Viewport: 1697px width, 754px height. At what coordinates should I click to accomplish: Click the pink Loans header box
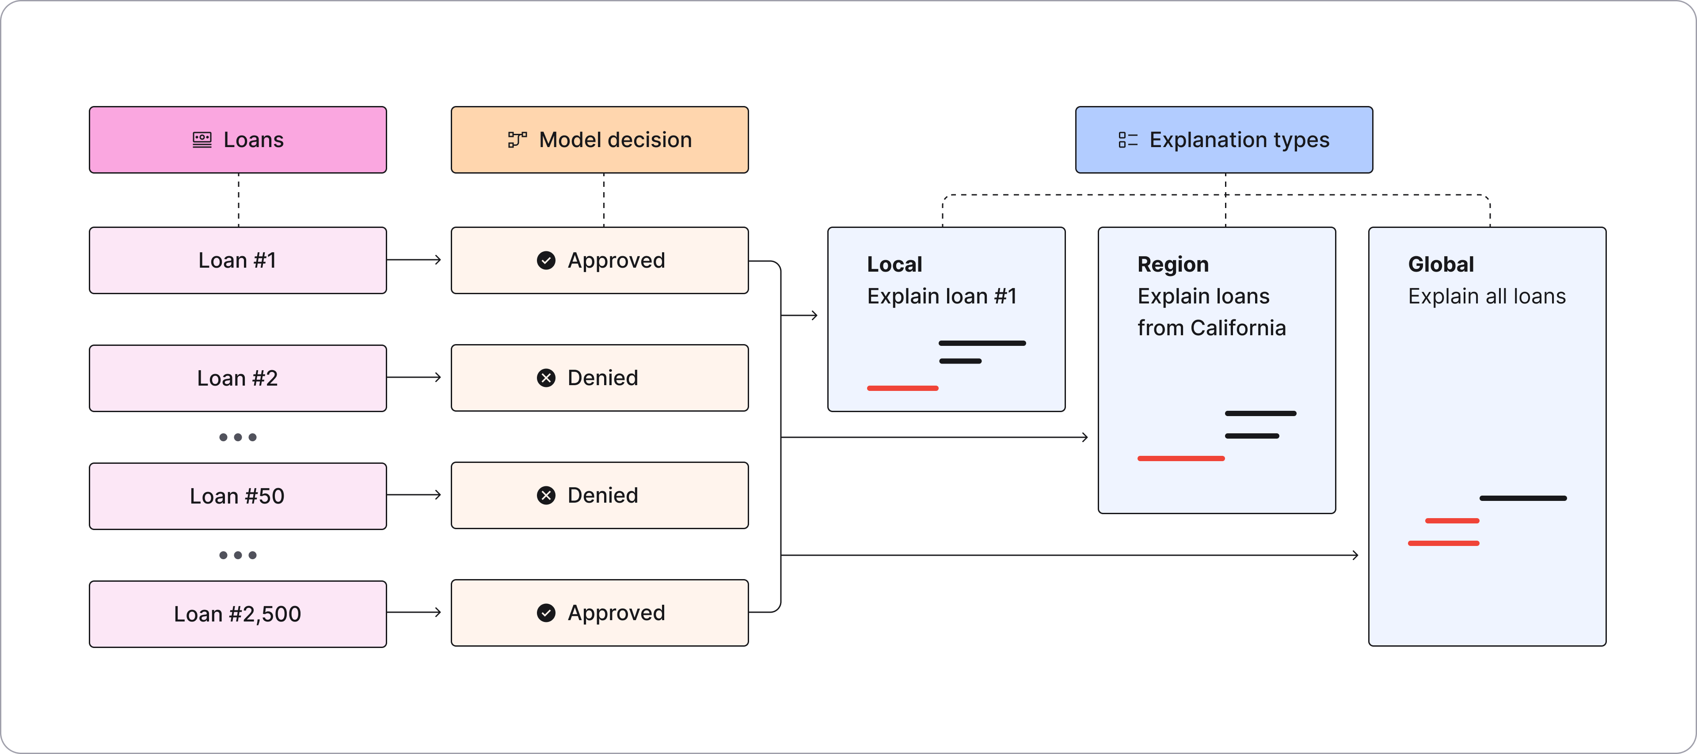(238, 140)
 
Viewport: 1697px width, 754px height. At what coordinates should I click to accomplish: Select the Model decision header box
(600, 140)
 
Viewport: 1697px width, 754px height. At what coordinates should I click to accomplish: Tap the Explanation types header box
(1224, 140)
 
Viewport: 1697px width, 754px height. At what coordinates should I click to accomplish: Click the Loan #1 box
(238, 260)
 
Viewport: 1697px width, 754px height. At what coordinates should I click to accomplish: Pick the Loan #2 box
(238, 378)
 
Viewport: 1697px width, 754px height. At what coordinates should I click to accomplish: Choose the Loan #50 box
(238, 496)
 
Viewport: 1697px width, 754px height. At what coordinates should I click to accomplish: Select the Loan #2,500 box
(238, 614)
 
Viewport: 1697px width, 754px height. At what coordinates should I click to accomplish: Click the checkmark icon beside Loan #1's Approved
(546, 261)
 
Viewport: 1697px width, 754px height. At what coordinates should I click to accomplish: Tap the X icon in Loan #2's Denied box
(546, 378)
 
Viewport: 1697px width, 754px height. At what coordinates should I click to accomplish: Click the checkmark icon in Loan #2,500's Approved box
(546, 613)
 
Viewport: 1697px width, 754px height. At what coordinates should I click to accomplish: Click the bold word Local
(894, 264)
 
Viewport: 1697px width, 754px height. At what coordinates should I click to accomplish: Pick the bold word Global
(1441, 264)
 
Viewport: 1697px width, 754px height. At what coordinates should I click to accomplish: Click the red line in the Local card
(902, 389)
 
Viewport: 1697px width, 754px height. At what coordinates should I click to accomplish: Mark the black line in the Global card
(1523, 499)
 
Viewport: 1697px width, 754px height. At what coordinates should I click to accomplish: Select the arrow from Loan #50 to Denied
(414, 495)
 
